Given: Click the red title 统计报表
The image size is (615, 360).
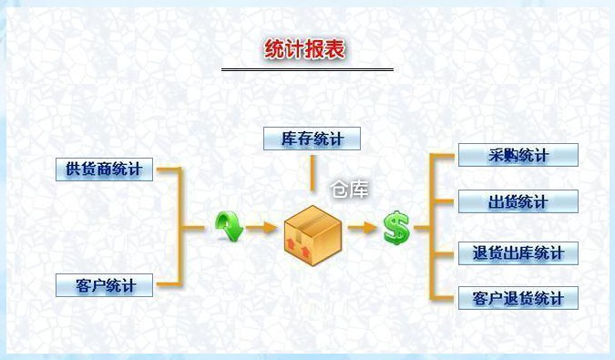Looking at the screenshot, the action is [x=304, y=49].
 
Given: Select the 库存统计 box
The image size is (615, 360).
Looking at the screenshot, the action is [x=312, y=139].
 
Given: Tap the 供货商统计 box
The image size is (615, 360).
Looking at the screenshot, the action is [x=104, y=170].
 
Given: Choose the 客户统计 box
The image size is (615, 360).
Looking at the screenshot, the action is [x=104, y=285].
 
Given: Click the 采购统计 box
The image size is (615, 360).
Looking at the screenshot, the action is [x=518, y=155].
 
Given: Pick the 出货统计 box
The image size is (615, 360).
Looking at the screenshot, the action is [x=518, y=201].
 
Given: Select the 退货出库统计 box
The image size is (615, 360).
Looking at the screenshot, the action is [x=518, y=253].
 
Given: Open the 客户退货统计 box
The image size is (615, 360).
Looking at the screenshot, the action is [x=518, y=298].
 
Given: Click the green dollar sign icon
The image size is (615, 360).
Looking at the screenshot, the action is [x=396, y=228].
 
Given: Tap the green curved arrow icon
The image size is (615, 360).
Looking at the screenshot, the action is [x=230, y=226].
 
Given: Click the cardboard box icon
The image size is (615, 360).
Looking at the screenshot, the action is [x=313, y=235].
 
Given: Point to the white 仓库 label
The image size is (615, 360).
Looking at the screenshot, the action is [x=350, y=190].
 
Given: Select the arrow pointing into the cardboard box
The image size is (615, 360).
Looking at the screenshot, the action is [x=262, y=227].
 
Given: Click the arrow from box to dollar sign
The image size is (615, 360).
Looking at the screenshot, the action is [x=363, y=227].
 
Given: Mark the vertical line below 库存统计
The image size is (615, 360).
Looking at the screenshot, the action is [x=313, y=173].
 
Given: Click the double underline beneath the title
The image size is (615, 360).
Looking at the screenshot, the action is [x=307, y=70].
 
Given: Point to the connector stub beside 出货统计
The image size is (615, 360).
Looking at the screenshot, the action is [x=444, y=201].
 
